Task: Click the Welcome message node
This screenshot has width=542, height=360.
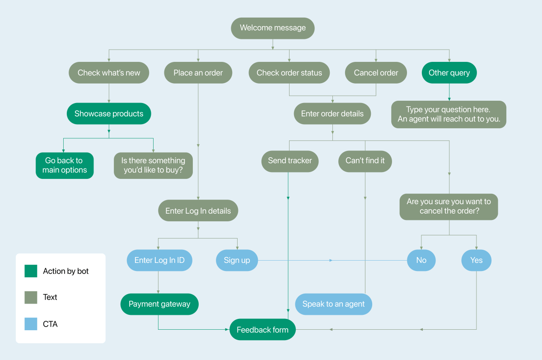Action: coord(272,28)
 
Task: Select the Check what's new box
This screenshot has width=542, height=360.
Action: coord(109,73)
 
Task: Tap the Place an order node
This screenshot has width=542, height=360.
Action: coord(198,73)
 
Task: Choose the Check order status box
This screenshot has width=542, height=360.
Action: coord(289,73)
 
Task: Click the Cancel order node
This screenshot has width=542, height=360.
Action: coord(376,73)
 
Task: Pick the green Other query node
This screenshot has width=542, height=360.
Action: coord(449,73)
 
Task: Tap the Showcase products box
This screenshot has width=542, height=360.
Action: coord(109,114)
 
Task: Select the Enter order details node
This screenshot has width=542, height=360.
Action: coord(332,114)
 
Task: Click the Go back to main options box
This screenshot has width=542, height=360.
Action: coord(65,165)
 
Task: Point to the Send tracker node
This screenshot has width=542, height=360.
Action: coord(290,161)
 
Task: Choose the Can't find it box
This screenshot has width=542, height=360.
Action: coord(365,161)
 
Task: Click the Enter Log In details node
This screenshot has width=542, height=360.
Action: coord(198,211)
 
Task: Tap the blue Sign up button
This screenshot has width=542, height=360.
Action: coord(237,260)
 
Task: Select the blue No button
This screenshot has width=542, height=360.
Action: coord(421,260)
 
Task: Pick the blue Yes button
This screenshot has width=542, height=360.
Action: coord(476,260)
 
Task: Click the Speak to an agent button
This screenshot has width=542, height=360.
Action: coord(333,304)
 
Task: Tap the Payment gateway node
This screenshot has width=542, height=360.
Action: coord(159,304)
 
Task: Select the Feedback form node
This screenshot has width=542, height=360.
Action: coord(262,330)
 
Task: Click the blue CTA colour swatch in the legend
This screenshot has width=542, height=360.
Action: coord(31,324)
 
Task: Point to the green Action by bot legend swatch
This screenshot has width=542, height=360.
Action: coord(31,271)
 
